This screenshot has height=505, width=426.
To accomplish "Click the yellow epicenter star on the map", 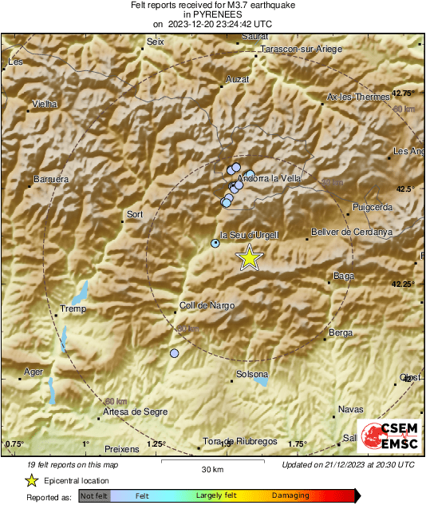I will point(250,258).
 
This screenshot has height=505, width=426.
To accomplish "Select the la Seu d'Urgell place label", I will point(248,234).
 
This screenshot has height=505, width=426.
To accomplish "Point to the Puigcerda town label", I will point(373,207).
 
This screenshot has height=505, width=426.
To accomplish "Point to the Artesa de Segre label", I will point(135,412).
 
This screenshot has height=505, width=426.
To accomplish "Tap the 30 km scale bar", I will point(211,461).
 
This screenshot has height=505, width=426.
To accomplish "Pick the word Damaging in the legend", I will point(290,496).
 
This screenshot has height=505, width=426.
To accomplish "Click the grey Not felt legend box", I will point(95,496).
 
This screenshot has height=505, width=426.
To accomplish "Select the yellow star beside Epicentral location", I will point(31,480).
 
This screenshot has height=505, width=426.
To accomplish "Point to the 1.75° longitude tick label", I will point(297,443).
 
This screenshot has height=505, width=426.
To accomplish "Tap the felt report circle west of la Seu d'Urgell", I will point(215,243).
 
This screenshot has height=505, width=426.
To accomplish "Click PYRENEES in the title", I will point(212,14).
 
